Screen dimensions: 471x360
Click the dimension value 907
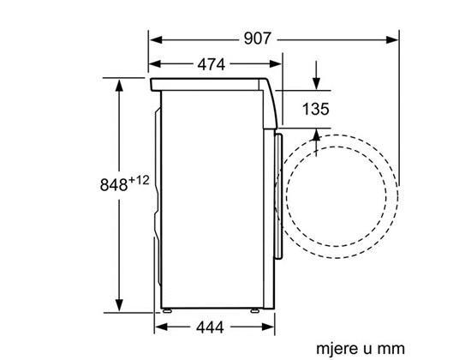click(257, 39)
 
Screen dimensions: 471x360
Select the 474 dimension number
click(212, 64)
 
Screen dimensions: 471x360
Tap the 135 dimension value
click(315, 109)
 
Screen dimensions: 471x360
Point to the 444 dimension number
click(210, 327)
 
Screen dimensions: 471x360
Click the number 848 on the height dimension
click(114, 184)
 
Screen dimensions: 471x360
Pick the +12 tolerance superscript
click(139, 181)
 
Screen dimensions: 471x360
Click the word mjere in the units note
click(337, 349)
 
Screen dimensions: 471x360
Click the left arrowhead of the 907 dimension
click(156, 39)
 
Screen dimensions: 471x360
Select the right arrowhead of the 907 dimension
click(391, 39)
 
